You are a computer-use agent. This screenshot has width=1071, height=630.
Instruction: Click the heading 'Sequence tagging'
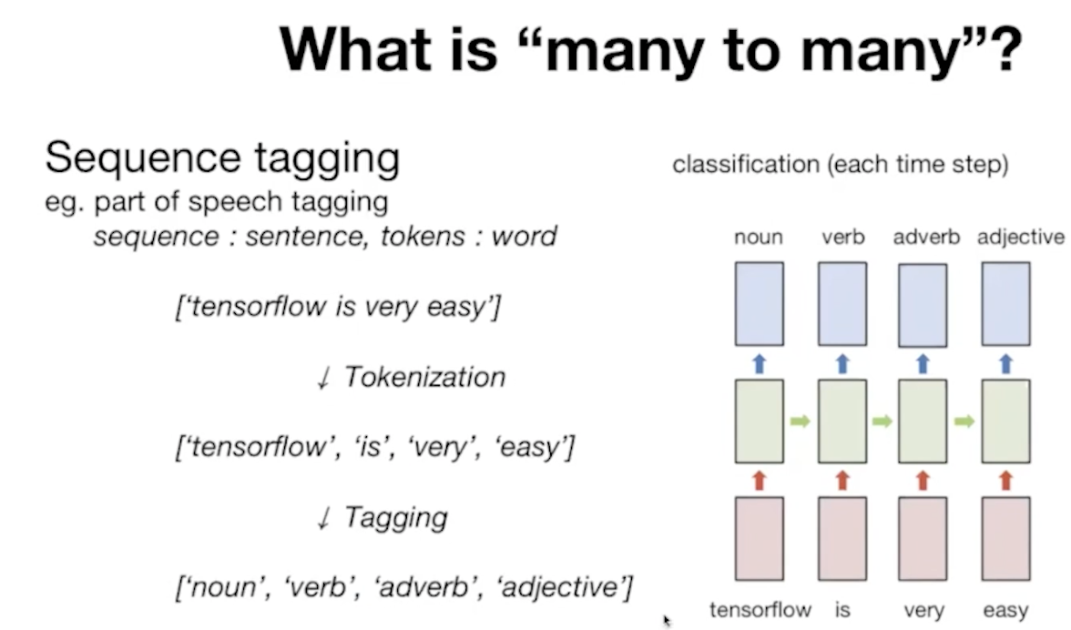222,157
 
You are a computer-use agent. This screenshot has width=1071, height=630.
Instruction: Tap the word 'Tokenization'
424,377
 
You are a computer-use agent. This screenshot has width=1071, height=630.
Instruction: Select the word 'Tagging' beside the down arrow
396,517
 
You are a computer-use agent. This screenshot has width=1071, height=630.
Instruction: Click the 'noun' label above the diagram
759,238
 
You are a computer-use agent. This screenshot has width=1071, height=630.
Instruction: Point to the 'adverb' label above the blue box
926,238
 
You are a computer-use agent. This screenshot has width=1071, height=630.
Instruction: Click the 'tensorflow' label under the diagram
760,609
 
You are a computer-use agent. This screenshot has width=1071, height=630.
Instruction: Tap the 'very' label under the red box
923,610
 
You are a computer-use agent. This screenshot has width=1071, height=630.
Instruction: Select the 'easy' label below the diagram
1005,610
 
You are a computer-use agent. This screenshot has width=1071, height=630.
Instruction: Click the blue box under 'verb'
842,303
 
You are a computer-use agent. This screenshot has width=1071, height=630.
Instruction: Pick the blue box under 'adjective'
1005,303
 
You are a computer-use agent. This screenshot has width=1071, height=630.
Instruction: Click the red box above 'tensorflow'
760,538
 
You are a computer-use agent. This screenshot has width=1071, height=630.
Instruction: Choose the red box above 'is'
842,538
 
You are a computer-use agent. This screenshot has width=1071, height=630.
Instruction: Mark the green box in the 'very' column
923,421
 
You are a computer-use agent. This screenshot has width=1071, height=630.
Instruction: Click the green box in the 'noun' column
760,421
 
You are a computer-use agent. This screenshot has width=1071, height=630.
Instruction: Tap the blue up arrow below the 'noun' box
760,364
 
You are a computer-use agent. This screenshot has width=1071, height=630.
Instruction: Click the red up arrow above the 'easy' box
1005,480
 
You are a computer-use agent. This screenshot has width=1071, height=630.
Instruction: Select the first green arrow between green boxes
801,422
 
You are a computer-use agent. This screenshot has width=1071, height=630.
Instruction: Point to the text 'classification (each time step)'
840,167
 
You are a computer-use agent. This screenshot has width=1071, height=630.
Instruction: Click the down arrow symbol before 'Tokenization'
321,379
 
